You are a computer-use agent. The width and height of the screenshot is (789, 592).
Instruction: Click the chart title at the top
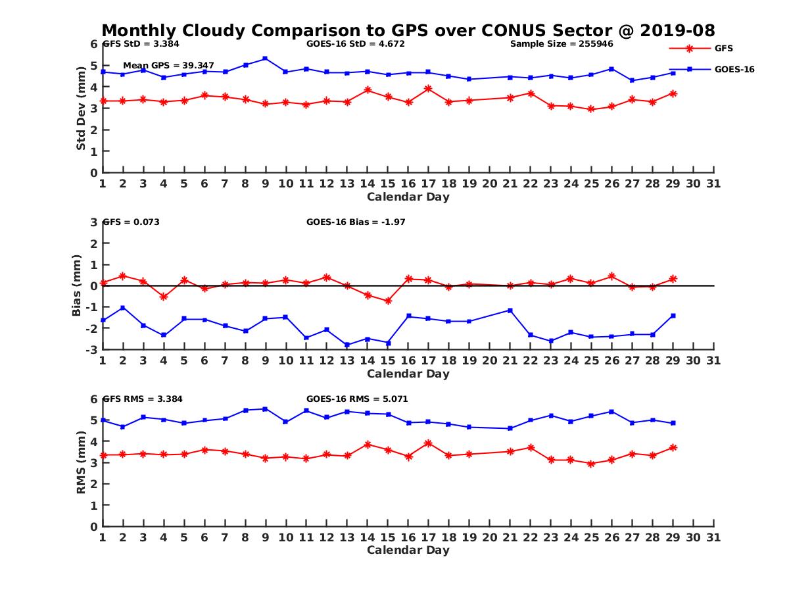(x=408, y=31)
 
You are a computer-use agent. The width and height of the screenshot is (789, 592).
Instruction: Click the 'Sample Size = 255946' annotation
(x=562, y=44)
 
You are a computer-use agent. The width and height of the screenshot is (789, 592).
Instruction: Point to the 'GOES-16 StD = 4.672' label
(x=356, y=44)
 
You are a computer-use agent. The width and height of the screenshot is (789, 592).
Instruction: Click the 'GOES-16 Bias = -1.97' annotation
(x=356, y=222)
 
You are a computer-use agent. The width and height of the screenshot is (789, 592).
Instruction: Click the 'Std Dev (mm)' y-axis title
(x=81, y=109)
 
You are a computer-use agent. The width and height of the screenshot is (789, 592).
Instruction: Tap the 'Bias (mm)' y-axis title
(x=77, y=285)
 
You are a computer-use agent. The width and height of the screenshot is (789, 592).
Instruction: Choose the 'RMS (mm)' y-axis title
(x=81, y=462)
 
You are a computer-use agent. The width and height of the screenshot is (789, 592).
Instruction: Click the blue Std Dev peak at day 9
(x=265, y=59)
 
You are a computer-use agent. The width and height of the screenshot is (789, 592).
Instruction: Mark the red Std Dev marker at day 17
(x=428, y=89)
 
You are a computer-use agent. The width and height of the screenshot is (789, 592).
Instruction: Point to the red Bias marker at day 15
(x=388, y=301)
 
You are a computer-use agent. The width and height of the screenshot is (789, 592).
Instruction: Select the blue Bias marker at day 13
(x=347, y=345)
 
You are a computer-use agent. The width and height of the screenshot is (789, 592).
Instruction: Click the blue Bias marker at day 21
(x=510, y=310)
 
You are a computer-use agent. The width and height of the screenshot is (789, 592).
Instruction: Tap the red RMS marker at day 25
(x=591, y=464)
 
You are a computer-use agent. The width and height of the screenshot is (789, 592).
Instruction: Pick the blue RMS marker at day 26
(x=611, y=412)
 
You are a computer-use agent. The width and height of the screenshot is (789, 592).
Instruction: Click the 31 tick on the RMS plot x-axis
(x=713, y=537)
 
